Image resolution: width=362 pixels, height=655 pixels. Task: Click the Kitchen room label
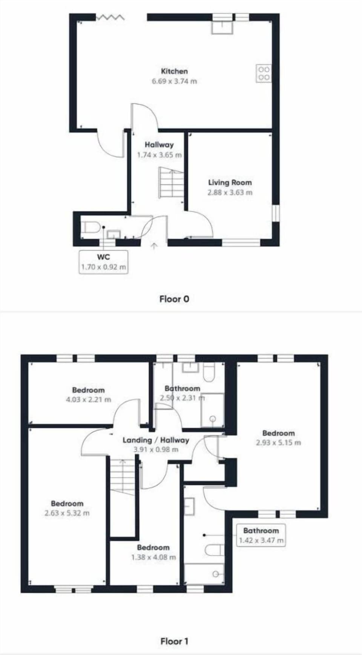point(174,71)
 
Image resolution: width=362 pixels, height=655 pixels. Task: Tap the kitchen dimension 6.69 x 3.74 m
point(174,81)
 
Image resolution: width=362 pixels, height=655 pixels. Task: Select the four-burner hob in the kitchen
point(264,74)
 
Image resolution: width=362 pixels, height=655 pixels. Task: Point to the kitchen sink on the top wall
point(222,28)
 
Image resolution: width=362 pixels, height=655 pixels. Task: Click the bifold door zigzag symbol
point(110,17)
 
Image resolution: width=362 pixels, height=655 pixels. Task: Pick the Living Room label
point(230,183)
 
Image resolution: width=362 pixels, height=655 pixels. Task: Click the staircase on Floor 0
point(171,183)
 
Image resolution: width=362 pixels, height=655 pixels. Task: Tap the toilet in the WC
point(91,227)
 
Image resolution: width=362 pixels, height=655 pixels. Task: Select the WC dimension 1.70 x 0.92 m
point(103,267)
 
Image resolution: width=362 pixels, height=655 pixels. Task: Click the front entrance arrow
point(154,246)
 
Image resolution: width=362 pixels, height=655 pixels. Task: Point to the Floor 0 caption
point(174,299)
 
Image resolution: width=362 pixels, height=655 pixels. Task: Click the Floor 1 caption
point(174,641)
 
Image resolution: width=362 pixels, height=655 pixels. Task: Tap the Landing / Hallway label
point(156,440)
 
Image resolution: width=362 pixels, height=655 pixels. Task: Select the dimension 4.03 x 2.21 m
point(89,400)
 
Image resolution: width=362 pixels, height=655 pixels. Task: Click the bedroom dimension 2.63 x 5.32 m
point(67,513)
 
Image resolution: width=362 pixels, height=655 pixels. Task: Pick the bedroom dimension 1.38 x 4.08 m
point(153,557)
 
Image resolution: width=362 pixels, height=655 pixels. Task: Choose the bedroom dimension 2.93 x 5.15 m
point(278,443)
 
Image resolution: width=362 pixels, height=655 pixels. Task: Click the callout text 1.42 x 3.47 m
point(261,540)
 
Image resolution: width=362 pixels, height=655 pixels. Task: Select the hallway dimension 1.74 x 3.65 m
point(159,155)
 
